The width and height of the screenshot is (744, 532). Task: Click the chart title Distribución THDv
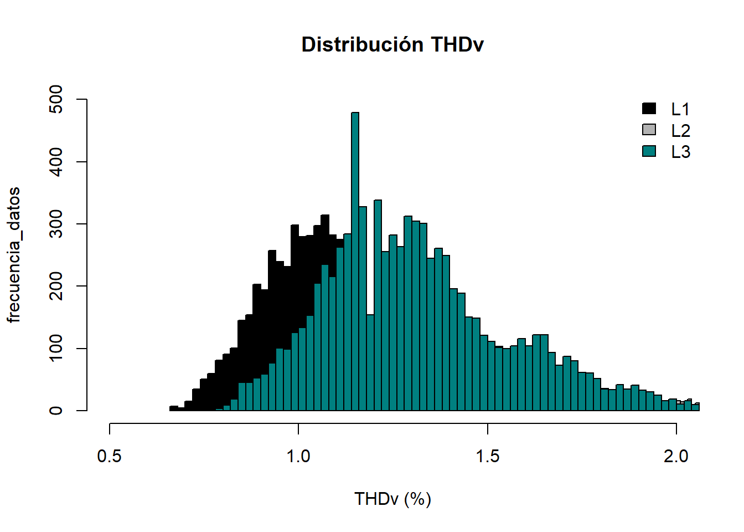coord(392,44)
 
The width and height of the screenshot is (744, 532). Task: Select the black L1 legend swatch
coord(649,109)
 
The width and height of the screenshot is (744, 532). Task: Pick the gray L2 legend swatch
coord(649,130)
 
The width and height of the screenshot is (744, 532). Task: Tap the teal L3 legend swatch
coord(649,151)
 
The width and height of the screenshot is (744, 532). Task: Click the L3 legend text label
coord(680,152)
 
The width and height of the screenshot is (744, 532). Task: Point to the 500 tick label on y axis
coord(56,99)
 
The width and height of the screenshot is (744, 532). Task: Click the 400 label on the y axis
coord(56,162)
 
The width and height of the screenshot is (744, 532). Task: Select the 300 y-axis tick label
coord(56,224)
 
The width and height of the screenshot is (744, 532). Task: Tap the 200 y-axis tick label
coord(56,286)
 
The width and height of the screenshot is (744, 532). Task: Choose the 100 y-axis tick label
coord(56,349)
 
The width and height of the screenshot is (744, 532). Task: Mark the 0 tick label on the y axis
coord(56,411)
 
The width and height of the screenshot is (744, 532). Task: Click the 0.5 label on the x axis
coord(110,457)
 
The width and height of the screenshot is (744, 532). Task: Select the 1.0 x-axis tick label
coord(298,457)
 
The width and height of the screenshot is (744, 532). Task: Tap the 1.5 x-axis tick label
coord(487,457)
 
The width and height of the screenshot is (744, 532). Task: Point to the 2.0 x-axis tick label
coord(676,457)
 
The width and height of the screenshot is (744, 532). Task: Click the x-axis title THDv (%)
coord(392,499)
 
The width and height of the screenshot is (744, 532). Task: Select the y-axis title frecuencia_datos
coord(14,255)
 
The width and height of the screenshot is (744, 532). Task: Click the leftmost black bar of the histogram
coord(173,408)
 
